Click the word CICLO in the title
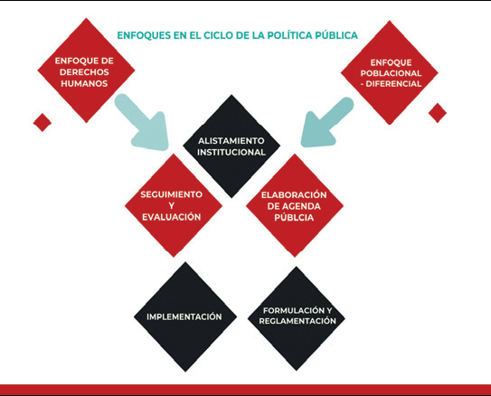tap(217, 35)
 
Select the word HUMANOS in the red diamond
tap(84, 83)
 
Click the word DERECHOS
tap(84, 72)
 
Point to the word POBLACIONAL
tap(391, 73)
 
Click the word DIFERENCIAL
tap(393, 84)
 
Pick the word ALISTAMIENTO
tap(231, 141)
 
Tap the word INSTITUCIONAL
tap(231, 153)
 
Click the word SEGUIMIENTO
tap(171, 194)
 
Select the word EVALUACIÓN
tap(171, 217)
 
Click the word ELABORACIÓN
tap(294, 195)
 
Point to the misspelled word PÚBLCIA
tap(294, 218)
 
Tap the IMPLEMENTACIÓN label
tap(184, 316)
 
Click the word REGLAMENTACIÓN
tap(297, 321)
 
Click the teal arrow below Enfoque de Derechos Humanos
tap(143, 124)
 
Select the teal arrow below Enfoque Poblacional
tap(326, 123)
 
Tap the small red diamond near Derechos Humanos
tap(42, 122)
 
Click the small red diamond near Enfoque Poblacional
tap(438, 113)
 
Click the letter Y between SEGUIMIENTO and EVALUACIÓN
tap(171, 206)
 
